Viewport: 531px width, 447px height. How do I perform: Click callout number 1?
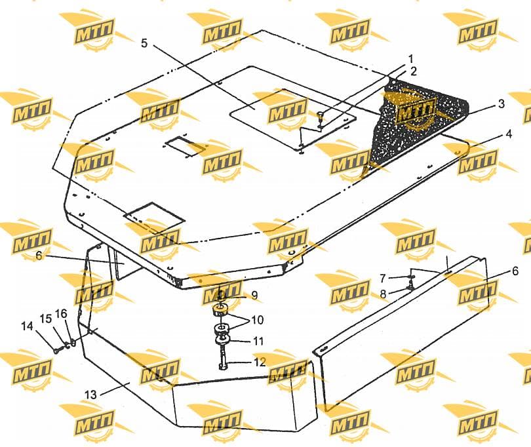click(x=410, y=59)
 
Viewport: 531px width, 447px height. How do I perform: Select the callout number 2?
click(x=413, y=71)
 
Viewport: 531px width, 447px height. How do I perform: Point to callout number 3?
click(x=501, y=104)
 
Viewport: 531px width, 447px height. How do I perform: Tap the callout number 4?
click(x=509, y=134)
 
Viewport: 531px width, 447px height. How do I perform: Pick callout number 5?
click(x=145, y=43)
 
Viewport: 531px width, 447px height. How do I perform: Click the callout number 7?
click(x=383, y=279)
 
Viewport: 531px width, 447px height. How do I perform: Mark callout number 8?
click(x=383, y=294)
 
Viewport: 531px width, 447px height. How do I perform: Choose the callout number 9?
click(x=254, y=296)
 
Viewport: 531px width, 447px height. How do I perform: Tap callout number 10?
click(x=257, y=320)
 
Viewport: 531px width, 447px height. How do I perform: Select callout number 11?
click(x=258, y=341)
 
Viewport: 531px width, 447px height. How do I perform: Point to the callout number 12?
click(x=260, y=362)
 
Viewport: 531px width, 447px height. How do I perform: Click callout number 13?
click(x=90, y=395)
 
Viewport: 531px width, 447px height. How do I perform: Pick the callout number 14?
click(x=27, y=326)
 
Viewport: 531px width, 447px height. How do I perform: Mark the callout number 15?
click(x=46, y=319)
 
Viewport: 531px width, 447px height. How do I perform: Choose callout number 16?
click(x=61, y=313)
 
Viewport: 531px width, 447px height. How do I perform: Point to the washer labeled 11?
click(x=222, y=340)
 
